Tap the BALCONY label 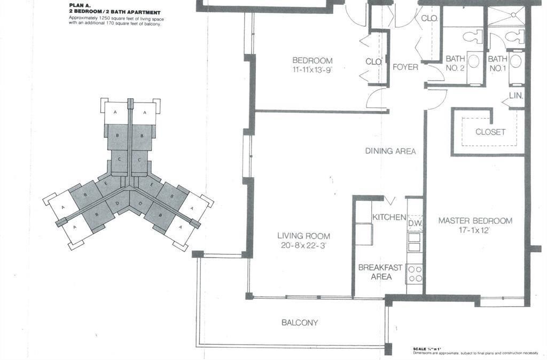pyautogui.click(x=299, y=323)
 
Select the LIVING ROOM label pyautogui.click(x=303, y=236)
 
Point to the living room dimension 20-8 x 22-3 pyautogui.click(x=303, y=246)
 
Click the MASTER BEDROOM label pyautogui.click(x=475, y=221)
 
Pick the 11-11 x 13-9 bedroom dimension pyautogui.click(x=312, y=70)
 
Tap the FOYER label pyautogui.click(x=405, y=67)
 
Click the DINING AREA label pyautogui.click(x=390, y=151)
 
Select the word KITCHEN pyautogui.click(x=389, y=217)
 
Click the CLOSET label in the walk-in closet pyautogui.click(x=490, y=132)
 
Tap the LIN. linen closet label pyautogui.click(x=516, y=96)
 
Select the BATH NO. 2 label pyautogui.click(x=455, y=63)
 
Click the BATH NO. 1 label pyautogui.click(x=497, y=63)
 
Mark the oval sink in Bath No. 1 pyautogui.click(x=515, y=61)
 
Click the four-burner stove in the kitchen pyautogui.click(x=415, y=273)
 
